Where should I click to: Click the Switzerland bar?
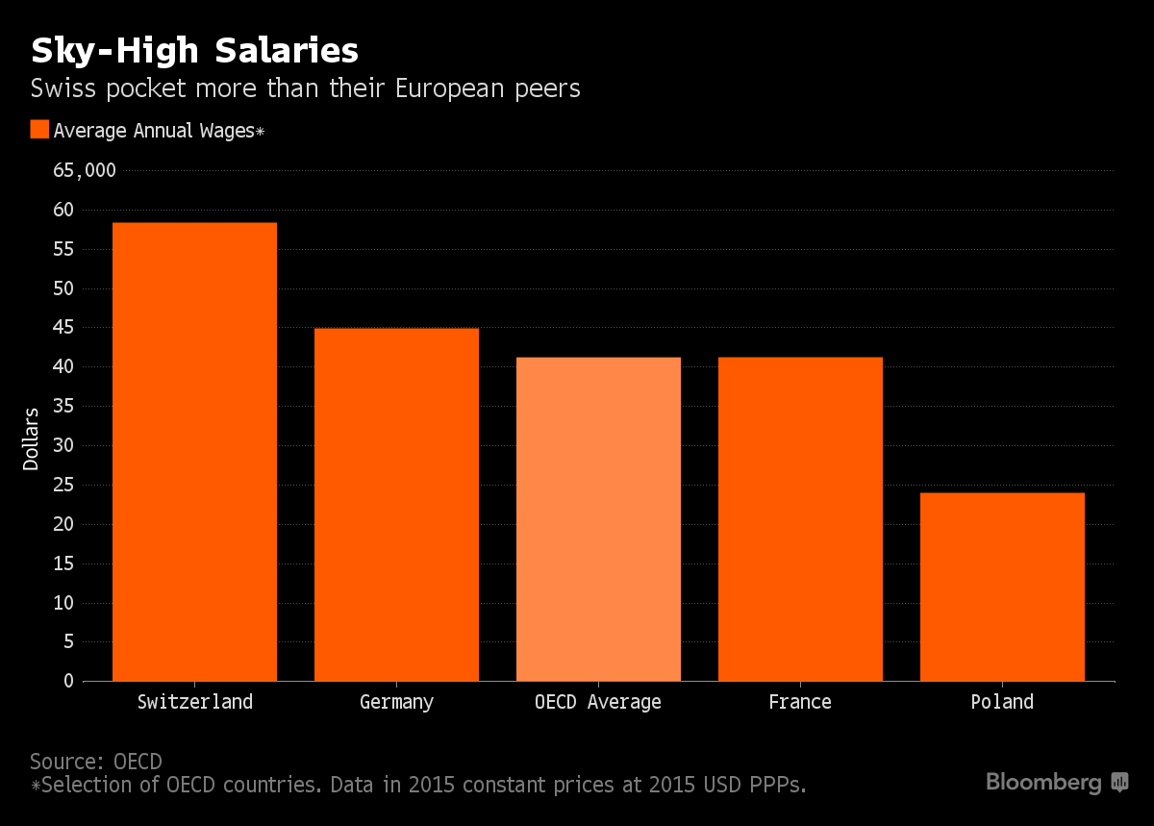pos(194,452)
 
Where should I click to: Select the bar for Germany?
pos(396,505)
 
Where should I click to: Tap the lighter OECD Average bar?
pos(598,519)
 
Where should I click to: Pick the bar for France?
pos(800,519)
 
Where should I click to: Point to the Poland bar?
pos(1002,587)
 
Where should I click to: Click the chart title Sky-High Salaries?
pos(195,50)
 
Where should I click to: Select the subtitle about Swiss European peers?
pos(305,89)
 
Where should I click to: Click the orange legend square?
pos(39,130)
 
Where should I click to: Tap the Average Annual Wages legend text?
pos(159,131)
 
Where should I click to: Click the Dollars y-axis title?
pos(32,438)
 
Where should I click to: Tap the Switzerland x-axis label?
pos(194,702)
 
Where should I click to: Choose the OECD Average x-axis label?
pos(598,702)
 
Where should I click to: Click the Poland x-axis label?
pos(1002,702)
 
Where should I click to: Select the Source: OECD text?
pos(96,762)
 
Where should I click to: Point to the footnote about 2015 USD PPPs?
pos(418,785)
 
